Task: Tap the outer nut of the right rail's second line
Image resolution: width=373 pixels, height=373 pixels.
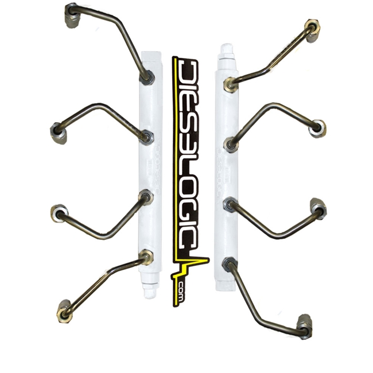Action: [x=317, y=127]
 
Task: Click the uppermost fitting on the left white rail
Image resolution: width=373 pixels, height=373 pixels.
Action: [x=146, y=76]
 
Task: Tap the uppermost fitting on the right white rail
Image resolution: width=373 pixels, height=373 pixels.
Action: [x=231, y=84]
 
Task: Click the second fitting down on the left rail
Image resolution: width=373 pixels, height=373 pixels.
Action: [x=148, y=137]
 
